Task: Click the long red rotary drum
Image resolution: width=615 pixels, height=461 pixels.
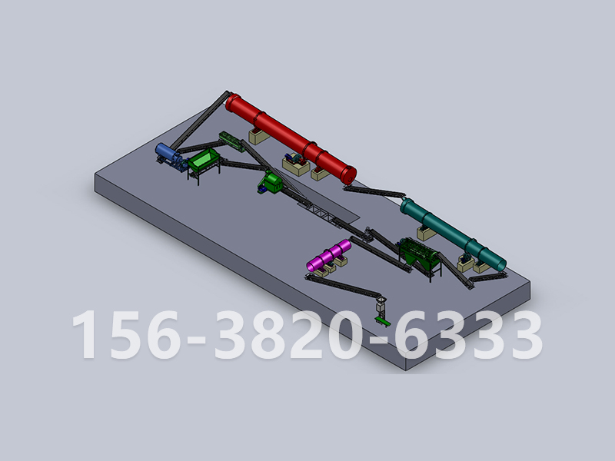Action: (x=291, y=138)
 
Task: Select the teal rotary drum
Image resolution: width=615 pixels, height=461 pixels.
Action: (x=453, y=234)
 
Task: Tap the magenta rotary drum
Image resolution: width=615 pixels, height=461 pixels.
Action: (x=329, y=255)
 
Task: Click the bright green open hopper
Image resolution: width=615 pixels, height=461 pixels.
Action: (x=204, y=159)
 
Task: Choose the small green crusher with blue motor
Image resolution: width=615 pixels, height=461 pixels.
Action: (x=271, y=182)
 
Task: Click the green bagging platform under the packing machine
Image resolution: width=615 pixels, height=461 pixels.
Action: (x=382, y=321)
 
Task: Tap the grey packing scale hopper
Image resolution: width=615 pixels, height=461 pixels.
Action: (x=381, y=305)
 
